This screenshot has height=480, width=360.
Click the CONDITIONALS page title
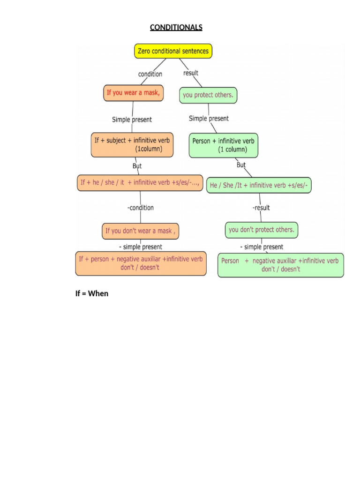pos(176,27)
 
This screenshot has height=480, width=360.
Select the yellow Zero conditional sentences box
pos(173,51)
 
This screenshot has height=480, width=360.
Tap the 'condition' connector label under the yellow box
pos(150,74)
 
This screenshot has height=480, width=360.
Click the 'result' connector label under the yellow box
pos(191,73)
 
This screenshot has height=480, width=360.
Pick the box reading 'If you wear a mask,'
pos(133,93)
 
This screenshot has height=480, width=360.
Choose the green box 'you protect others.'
pos(208,95)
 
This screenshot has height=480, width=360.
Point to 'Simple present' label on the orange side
pos(132,120)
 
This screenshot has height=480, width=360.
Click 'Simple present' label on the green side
pos(209,119)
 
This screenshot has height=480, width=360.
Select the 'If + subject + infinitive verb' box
pos(133,145)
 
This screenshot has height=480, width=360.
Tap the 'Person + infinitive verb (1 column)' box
pos(224,145)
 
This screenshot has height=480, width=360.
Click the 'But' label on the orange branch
pos(137,166)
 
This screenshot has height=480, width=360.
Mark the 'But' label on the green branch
pos(241,165)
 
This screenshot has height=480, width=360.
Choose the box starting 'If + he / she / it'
pos(140,183)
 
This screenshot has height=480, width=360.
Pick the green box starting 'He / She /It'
pos(259,186)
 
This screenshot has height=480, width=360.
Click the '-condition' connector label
pos(140,208)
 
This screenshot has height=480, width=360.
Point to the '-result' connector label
pos(261,208)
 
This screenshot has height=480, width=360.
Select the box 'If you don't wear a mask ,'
pos(141,231)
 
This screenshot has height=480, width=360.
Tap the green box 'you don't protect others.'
pos(262,230)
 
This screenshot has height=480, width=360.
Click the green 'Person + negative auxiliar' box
pos(280,265)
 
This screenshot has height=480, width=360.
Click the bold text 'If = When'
pos(92,293)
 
